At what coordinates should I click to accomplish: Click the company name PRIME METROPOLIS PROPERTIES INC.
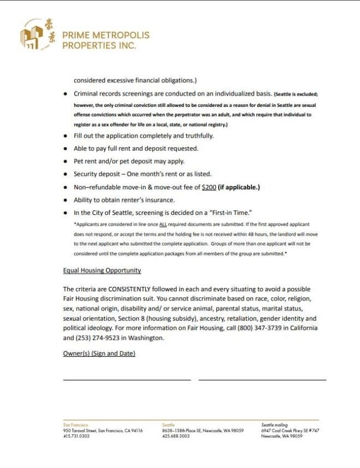[x=105, y=40]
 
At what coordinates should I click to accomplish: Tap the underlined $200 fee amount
[x=208, y=187]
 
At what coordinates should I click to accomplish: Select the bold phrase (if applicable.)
[x=239, y=187]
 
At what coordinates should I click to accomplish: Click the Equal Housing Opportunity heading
[x=102, y=270]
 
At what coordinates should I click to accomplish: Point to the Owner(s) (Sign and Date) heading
[x=99, y=353]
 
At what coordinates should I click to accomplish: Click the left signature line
[x=127, y=379]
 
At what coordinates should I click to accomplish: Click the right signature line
[x=262, y=379]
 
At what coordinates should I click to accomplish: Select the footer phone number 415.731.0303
[x=76, y=436]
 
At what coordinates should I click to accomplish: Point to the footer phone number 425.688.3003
[x=176, y=436]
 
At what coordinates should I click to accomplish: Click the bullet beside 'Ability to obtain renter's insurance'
[x=65, y=200]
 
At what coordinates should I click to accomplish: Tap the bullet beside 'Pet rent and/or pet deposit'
[x=65, y=161]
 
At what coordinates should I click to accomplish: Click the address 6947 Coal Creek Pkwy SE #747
[x=290, y=430]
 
